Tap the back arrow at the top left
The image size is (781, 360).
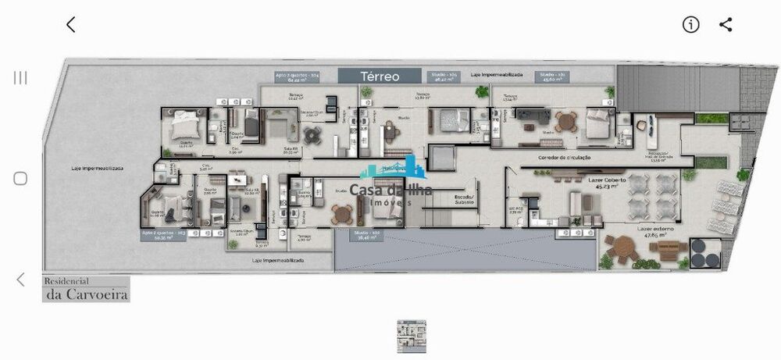click(x=71, y=24)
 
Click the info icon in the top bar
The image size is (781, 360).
click(x=690, y=24)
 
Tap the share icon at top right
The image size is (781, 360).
click(x=726, y=24)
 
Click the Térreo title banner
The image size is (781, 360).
click(x=380, y=76)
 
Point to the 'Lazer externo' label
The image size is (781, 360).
click(x=656, y=228)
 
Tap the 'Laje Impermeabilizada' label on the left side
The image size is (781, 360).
click(x=96, y=168)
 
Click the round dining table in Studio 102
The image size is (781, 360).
click(x=341, y=213)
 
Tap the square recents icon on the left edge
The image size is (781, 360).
click(x=20, y=178)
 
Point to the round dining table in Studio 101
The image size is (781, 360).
click(x=562, y=122)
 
